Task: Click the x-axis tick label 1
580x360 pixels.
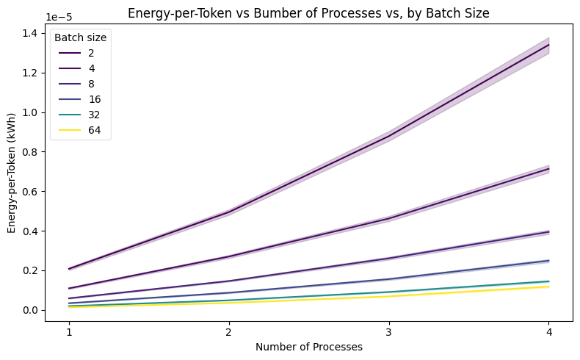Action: pos(69,332)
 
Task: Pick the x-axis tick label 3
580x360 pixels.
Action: pos(388,332)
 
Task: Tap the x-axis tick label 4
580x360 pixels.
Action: pos(548,332)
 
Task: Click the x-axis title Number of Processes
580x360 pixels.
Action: pos(309,348)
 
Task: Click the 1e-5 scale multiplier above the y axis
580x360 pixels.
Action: pos(59,16)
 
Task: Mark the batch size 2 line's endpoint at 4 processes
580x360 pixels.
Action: pos(548,45)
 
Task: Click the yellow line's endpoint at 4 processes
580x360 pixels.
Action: pos(548,287)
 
